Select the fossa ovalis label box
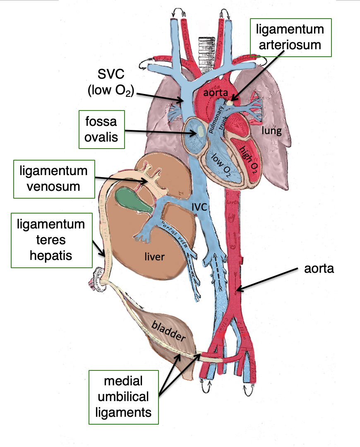101,129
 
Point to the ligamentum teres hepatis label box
51,240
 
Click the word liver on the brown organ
154,257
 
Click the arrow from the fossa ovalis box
161,132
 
